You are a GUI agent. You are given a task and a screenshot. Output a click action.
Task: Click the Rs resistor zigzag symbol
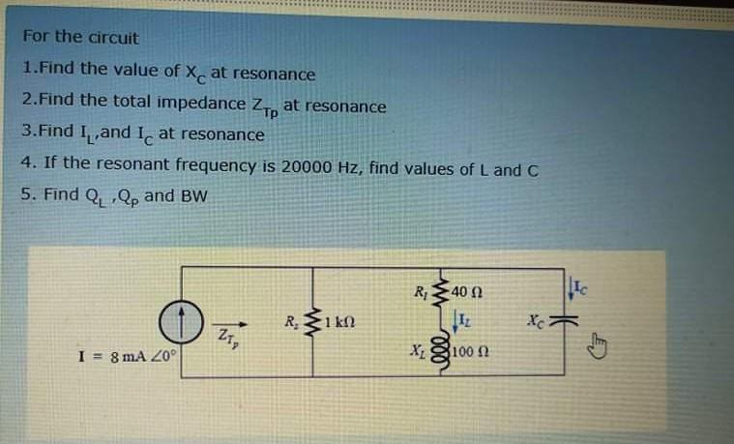coord(312,321)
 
